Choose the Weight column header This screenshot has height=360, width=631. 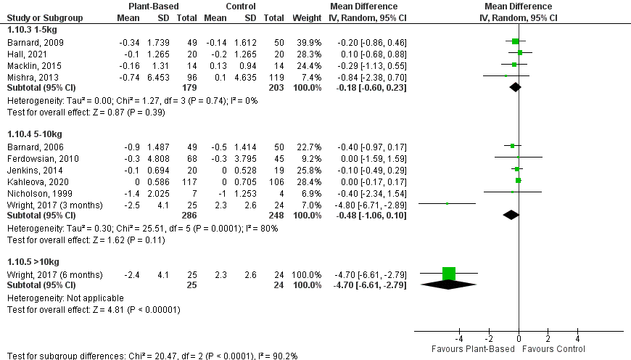[308, 17]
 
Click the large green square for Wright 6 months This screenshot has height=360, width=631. [448, 274]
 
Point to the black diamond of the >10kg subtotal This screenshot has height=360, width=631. [449, 285]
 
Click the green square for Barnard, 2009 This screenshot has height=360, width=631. [516, 41]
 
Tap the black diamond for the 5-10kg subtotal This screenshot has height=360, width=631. [511, 215]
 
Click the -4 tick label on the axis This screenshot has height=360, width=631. [458, 338]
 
